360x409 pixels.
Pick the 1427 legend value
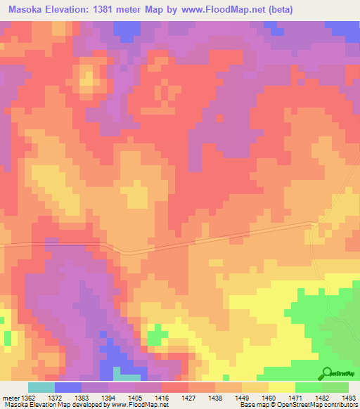click(189, 397)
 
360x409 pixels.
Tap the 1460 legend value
click(268, 397)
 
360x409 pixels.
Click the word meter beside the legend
click(11, 397)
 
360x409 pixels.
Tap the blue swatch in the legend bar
click(67, 387)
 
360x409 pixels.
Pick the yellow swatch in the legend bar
click(281, 387)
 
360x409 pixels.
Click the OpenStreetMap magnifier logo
click(326, 373)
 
